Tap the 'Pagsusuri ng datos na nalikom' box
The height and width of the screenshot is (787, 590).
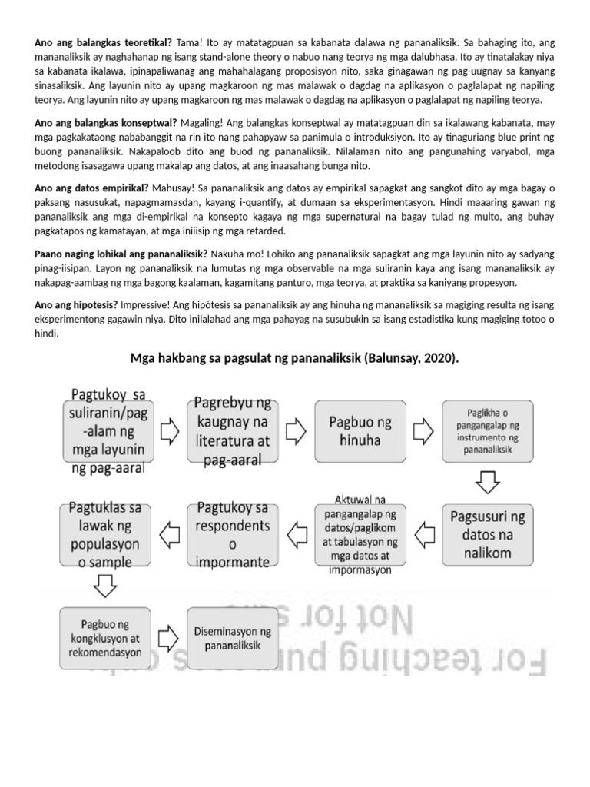[x=488, y=533]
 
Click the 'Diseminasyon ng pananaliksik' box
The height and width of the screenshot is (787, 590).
[x=231, y=636]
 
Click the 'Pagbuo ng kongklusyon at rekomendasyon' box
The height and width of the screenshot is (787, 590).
[x=104, y=636]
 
